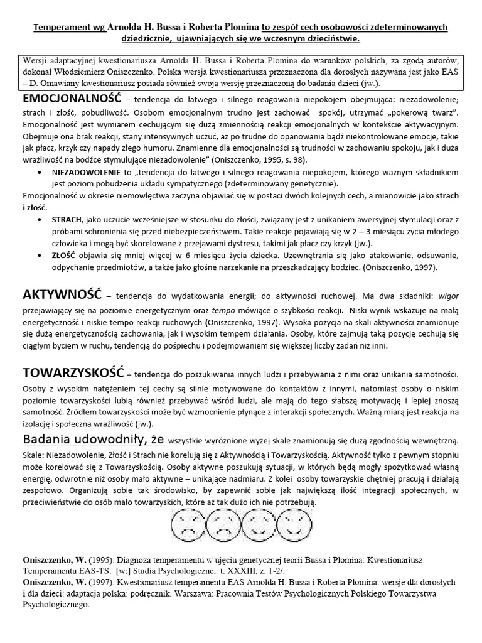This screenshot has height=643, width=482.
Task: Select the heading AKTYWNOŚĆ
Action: coord(61,295)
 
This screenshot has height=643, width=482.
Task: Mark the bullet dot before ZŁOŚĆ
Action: coord(41,256)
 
